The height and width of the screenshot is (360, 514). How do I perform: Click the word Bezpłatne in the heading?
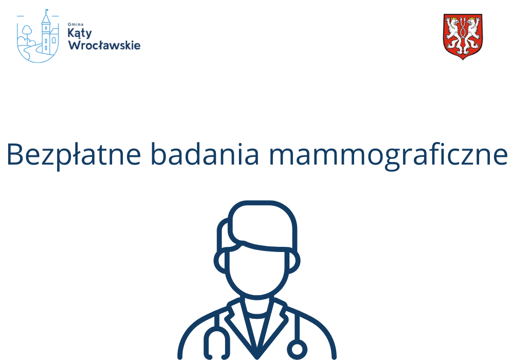coord(74,154)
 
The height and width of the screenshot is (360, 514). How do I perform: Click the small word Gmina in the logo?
coord(76,24)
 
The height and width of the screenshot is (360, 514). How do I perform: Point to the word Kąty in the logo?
coord(80,33)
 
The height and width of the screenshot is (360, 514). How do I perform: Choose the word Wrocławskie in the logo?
coord(104,45)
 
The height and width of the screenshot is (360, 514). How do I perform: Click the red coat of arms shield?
coord(463,37)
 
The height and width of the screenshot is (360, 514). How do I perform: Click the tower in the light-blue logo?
coord(46,34)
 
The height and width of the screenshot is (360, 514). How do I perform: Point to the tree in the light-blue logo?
coord(27,32)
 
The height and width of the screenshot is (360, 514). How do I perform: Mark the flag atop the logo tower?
coord(47,11)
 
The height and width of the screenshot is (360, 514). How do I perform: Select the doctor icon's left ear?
coord(221,262)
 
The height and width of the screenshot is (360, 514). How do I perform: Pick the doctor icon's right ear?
coord(294,262)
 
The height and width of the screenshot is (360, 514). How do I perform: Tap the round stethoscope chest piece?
coord(297,348)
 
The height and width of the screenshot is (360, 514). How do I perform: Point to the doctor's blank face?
coord(257,269)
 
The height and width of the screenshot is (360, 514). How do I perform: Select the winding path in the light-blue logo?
coord(31,51)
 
